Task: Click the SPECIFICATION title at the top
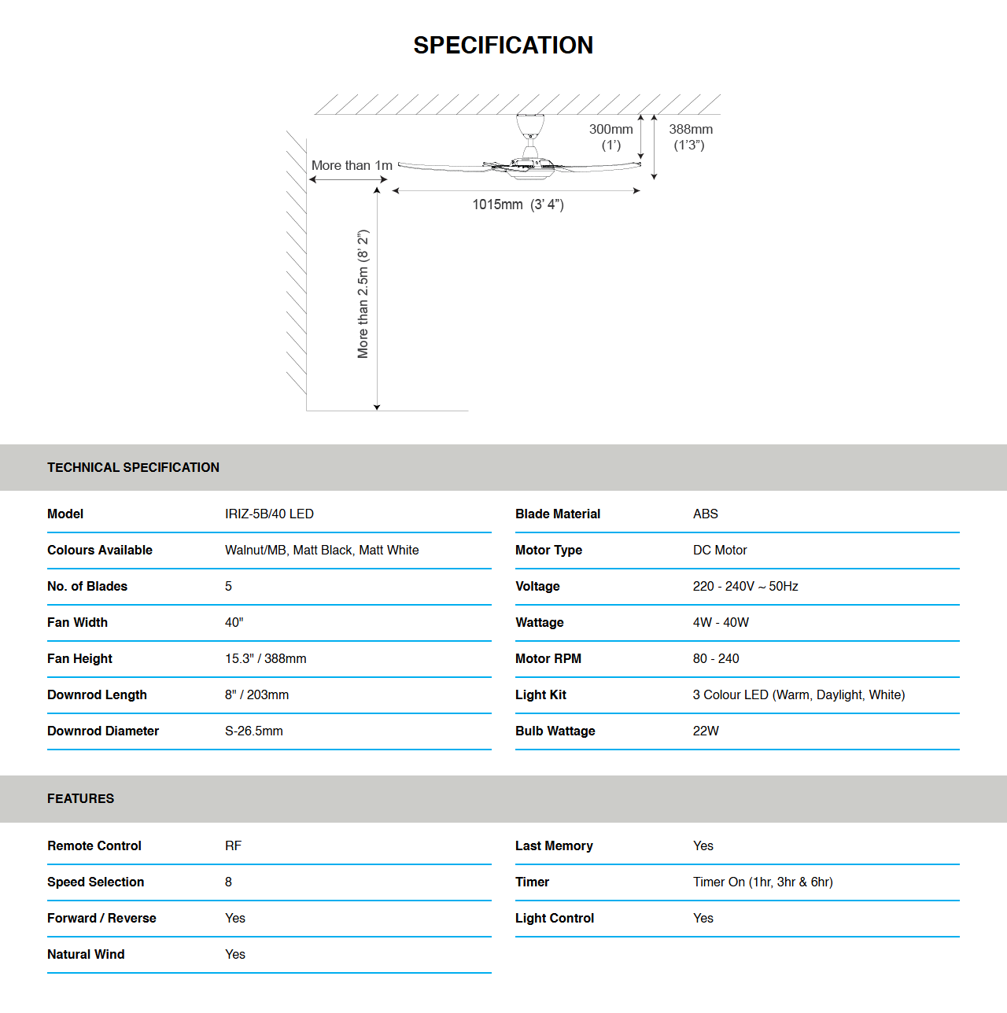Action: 503,46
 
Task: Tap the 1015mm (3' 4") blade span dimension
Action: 518,204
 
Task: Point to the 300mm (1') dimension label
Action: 611,137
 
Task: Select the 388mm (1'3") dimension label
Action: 691,137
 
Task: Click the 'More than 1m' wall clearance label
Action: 352,165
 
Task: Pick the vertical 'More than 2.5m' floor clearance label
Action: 363,294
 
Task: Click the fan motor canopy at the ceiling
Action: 530,126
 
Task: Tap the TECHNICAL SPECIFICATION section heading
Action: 133,467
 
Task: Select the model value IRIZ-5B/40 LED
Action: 269,514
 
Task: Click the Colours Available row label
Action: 100,550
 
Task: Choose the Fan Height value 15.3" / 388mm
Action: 265,658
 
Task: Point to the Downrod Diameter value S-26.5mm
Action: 253,731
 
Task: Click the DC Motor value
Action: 720,550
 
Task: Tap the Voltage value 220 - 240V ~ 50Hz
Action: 745,586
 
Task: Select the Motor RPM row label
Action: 548,658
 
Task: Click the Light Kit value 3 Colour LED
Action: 799,694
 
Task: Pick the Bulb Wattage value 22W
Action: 706,731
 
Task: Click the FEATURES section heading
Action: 80,798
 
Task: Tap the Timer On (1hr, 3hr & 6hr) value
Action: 762,882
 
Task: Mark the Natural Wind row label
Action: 86,954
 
